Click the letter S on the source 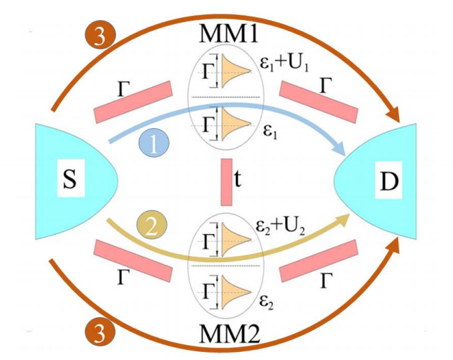(x=70, y=180)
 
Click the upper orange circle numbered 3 (x=99, y=37)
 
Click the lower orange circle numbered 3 (x=99, y=330)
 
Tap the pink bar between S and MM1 (x=133, y=102)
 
